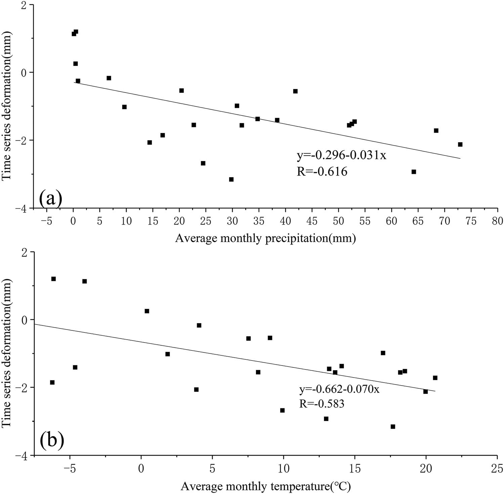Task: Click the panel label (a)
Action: coord(51,199)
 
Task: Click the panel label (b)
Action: coord(52,441)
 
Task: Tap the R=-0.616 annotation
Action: coord(322,172)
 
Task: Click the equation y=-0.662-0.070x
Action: coord(339,390)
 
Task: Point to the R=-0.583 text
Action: coord(322,403)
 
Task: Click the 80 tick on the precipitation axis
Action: coord(498,221)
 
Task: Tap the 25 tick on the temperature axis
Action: coord(497,468)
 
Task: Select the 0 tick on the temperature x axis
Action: coord(141,468)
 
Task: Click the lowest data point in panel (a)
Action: coord(231,179)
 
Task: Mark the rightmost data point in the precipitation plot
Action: coord(460,144)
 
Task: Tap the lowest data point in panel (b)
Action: coord(393,427)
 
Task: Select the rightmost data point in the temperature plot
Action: coord(435,378)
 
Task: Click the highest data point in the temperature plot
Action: coord(53,279)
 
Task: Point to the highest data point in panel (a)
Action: coord(76,32)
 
